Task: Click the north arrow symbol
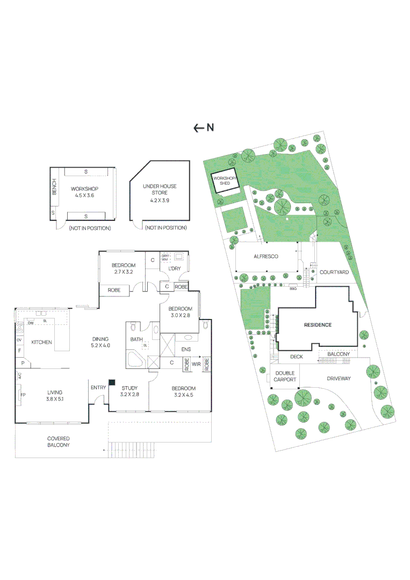[199, 128]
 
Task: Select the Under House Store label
[160, 190]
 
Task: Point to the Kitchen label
[41, 342]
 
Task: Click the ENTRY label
[98, 388]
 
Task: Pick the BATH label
[136, 339]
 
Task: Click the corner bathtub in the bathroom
[134, 359]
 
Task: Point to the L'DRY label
[174, 268]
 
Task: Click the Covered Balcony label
[58, 441]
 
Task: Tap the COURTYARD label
[334, 272]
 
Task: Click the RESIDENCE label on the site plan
[318, 325]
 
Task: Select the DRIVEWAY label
[339, 379]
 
